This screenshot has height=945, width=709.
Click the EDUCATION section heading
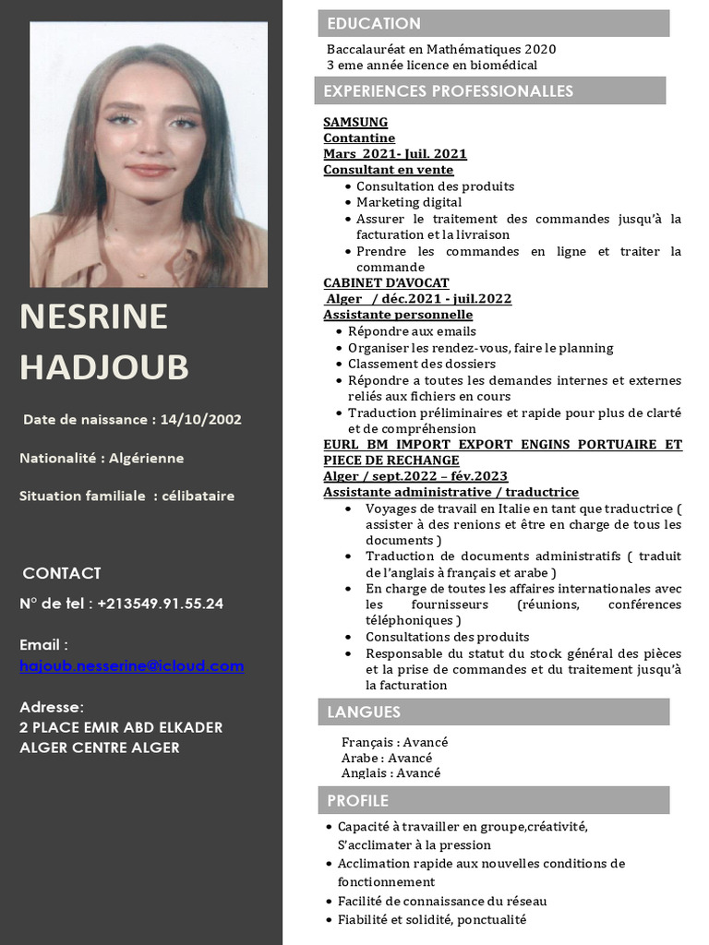tap(374, 24)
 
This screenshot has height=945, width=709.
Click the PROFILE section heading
tap(357, 800)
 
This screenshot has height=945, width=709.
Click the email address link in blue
tap(132, 665)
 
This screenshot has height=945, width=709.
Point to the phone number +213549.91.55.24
tap(160, 604)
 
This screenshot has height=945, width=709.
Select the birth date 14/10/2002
tap(200, 419)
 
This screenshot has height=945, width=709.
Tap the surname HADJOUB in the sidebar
tap(104, 366)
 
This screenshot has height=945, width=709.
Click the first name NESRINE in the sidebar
tap(93, 317)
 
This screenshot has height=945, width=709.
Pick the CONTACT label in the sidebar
tap(62, 573)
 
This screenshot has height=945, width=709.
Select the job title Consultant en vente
tap(388, 170)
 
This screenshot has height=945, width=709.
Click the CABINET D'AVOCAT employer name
tap(386, 282)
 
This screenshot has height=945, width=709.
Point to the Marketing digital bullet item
tap(409, 202)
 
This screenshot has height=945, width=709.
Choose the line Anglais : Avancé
tap(391, 773)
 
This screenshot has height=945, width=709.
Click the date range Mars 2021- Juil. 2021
tap(395, 154)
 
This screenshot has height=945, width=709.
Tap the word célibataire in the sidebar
tap(198, 496)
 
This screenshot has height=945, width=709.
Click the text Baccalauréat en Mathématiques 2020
tap(441, 49)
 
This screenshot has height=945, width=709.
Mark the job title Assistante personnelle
tap(398, 315)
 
